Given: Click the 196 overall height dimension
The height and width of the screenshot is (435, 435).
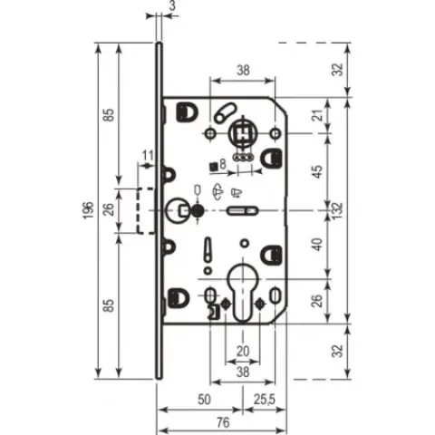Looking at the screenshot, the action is [88, 210].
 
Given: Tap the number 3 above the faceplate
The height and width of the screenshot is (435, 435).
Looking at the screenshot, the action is [171, 5].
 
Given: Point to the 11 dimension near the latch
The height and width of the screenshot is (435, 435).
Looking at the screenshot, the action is [148, 156].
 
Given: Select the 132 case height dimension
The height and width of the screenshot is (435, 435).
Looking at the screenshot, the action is [338, 210].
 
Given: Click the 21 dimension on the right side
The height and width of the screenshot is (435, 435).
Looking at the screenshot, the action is [318, 115].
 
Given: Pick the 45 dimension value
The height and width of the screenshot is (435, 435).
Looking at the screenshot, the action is [317, 171].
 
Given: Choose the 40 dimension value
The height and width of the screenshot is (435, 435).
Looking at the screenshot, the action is [317, 244].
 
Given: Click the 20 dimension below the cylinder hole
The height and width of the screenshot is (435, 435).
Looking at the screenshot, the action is [243, 352].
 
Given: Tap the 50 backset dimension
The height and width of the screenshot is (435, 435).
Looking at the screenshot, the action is [204, 400].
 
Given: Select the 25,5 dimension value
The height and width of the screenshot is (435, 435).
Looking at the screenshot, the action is [265, 400].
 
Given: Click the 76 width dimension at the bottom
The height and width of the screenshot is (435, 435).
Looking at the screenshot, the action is [223, 422].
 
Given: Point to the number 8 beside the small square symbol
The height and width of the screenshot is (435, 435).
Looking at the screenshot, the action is [223, 164].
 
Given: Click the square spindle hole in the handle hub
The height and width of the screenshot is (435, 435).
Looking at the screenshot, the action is [242, 133].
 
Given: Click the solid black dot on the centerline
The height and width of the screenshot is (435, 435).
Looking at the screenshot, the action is [198, 210].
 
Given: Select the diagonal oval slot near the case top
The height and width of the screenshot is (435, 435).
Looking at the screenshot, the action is [226, 112].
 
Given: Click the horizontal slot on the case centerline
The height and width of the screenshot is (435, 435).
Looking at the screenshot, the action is [243, 210].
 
